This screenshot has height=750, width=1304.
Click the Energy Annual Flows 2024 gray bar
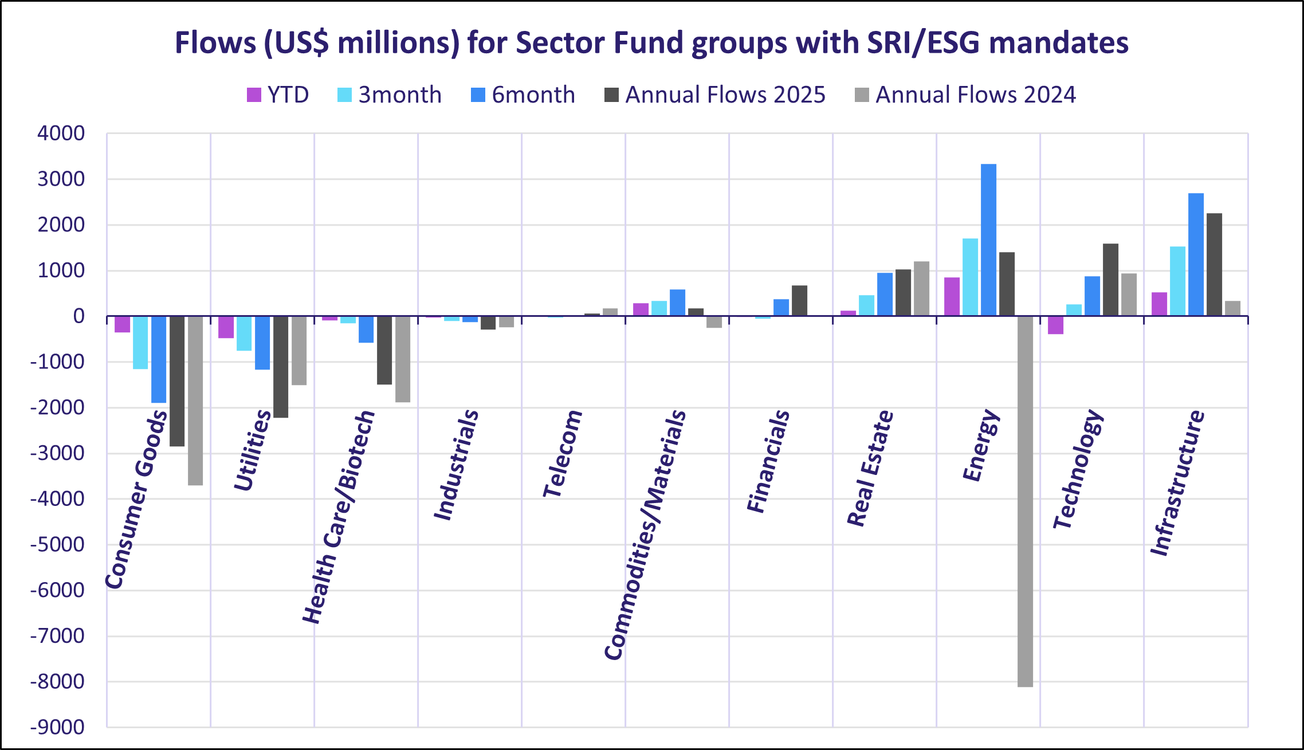tap(1025, 501)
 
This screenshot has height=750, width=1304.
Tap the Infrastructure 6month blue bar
tap(1196, 254)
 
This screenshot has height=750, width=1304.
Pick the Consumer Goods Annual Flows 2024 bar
tap(195, 400)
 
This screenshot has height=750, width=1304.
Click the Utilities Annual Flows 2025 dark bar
tap(281, 367)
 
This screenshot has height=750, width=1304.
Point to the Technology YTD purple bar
tap(1055, 325)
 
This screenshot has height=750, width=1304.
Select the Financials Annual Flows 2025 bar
tap(799, 301)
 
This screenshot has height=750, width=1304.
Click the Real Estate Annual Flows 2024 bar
tap(921, 289)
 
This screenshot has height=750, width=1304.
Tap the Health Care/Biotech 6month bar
tap(366, 329)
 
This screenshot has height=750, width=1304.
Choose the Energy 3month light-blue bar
tap(970, 277)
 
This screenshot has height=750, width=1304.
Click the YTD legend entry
tap(278, 95)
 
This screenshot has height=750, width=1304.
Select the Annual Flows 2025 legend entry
tap(714, 95)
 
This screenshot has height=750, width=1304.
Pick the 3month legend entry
tap(390, 95)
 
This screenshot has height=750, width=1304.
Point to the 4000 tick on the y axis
tap(61, 133)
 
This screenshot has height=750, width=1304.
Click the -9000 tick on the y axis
tap(57, 727)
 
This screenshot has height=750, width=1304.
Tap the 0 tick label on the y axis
tap(78, 316)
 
